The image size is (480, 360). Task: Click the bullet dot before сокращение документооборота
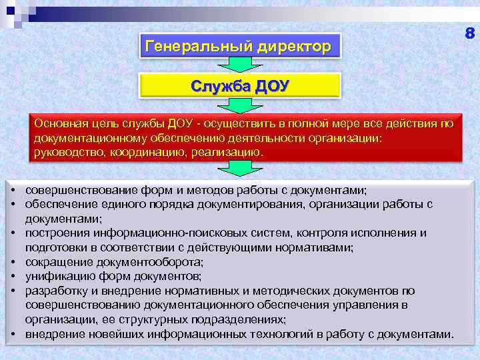13,261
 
